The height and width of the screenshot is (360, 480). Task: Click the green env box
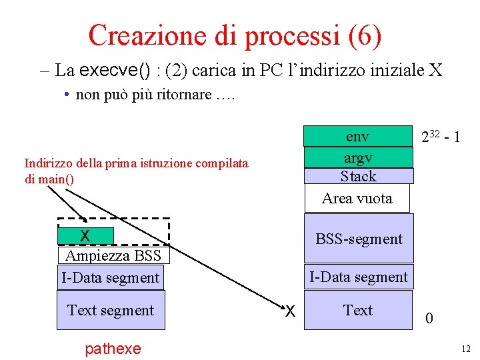[358, 137]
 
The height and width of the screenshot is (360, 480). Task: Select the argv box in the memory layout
[358, 158]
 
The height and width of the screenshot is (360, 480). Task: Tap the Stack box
[358, 176]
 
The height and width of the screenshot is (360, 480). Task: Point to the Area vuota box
[357, 198]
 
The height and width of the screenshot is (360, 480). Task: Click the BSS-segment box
[359, 238]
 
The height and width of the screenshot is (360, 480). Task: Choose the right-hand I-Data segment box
[359, 277]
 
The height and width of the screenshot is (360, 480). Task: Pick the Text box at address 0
[358, 310]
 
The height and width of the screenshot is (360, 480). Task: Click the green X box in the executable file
[85, 236]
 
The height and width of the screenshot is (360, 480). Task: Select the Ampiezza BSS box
[113, 256]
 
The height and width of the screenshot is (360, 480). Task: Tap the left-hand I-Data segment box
[111, 277]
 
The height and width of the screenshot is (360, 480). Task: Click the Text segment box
[111, 310]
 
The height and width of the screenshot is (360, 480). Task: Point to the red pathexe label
[113, 348]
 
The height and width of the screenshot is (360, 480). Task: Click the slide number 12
[465, 348]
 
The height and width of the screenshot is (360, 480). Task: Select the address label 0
[429, 319]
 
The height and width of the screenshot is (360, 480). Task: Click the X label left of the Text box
[290, 311]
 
